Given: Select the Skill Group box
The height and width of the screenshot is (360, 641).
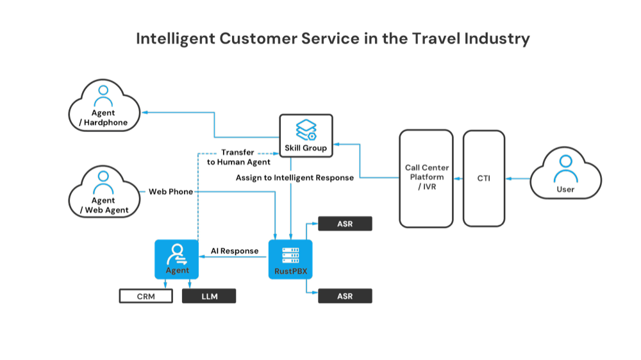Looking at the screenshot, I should pyautogui.click(x=306, y=135).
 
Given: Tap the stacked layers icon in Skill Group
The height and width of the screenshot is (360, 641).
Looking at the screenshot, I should pyautogui.click(x=305, y=130).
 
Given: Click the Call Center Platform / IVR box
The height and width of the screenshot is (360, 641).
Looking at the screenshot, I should pyautogui.click(x=426, y=179).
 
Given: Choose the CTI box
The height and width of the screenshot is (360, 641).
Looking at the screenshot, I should pyautogui.click(x=484, y=179).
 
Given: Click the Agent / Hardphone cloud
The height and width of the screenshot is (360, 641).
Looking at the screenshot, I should pyautogui.click(x=105, y=106).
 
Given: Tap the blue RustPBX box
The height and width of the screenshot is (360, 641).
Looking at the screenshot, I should pyautogui.click(x=290, y=259).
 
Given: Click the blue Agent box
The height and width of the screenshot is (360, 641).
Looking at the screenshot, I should pyautogui.click(x=177, y=259).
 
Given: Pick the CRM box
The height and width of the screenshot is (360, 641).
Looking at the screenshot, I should pyautogui.click(x=146, y=296).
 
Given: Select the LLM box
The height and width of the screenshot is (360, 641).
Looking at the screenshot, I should pyautogui.click(x=209, y=296).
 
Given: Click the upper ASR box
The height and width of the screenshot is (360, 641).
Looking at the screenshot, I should pyautogui.click(x=345, y=224).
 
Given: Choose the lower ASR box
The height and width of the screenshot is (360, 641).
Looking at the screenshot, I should pyautogui.click(x=345, y=296).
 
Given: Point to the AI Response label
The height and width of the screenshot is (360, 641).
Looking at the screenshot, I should pyautogui.click(x=235, y=251).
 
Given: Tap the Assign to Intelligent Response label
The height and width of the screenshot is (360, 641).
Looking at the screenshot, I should pyautogui.click(x=294, y=177).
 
